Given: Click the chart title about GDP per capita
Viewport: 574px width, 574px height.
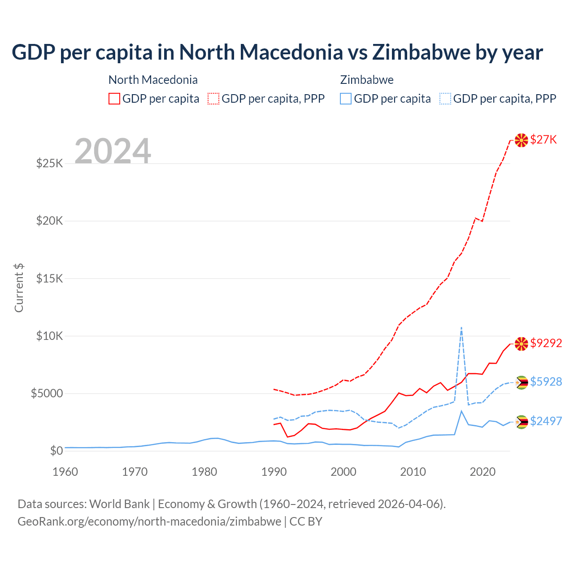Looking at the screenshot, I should click(277, 52).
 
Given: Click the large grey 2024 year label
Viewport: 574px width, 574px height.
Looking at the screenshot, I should click(113, 151).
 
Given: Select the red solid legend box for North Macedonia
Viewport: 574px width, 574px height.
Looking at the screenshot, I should click(114, 99).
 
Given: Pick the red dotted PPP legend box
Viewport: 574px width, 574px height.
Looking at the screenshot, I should click(213, 99).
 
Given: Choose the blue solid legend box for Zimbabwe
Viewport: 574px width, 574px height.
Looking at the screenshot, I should click(346, 99).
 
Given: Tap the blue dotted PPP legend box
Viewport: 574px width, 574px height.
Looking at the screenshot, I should click(445, 99).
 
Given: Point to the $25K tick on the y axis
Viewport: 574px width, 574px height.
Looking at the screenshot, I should click(49, 163).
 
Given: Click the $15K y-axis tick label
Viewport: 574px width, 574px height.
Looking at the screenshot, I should click(49, 278).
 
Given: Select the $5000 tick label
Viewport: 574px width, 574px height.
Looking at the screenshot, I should click(47, 394).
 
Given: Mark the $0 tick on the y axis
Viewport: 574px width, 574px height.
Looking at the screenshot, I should click(56, 451).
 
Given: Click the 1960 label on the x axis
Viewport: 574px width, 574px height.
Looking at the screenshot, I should click(65, 472).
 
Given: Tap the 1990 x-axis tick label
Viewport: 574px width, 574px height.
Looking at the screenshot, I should click(274, 472).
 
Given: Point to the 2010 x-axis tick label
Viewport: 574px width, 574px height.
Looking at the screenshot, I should click(413, 472).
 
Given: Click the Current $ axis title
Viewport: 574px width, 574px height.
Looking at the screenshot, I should click(19, 288).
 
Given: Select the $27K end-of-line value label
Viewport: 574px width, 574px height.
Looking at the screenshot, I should click(544, 140).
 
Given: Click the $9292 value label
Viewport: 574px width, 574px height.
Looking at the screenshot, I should click(546, 344).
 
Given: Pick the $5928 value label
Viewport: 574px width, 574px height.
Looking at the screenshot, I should click(546, 382).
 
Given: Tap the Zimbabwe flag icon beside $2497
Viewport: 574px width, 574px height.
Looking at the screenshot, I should click(521, 422).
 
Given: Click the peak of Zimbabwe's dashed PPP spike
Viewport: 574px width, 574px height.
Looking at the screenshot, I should click(461, 328).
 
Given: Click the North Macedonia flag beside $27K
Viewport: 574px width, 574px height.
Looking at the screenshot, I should click(521, 140).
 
